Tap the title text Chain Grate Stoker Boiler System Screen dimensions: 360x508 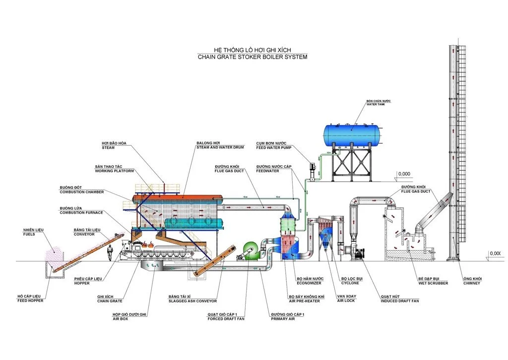253,57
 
